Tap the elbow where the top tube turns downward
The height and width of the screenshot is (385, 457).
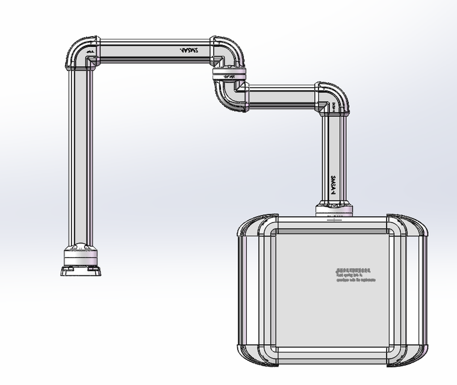click(x=228, y=53)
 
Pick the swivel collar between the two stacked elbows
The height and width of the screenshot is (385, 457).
click(x=229, y=76)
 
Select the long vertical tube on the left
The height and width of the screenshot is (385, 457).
click(x=81, y=156)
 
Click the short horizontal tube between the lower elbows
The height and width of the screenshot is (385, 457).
click(x=281, y=97)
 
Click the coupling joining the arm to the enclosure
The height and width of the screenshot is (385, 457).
click(x=333, y=210)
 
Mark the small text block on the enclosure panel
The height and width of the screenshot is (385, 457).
click(x=355, y=275)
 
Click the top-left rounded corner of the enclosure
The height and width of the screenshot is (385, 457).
click(x=256, y=231)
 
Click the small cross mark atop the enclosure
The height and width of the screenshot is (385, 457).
click(x=333, y=220)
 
